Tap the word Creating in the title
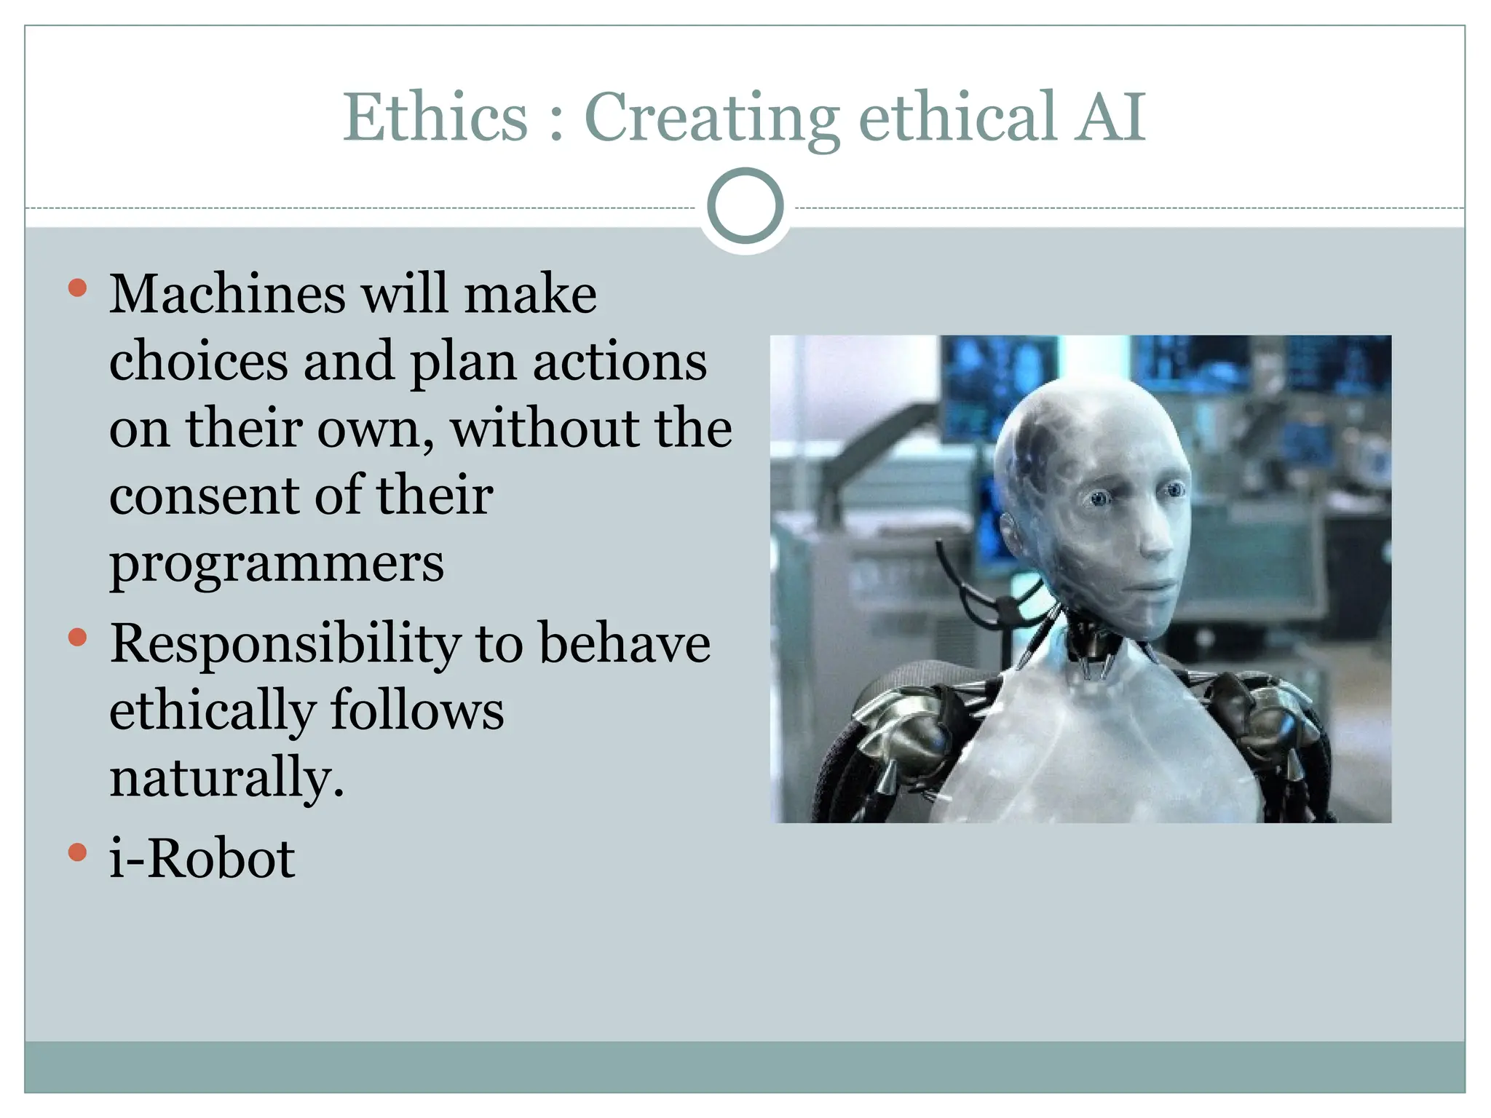711,118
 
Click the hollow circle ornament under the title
745,206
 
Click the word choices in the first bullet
198,361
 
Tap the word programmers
276,563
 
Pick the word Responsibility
285,645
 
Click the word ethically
212,711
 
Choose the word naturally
226,778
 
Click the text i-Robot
202,859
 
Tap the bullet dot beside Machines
77,288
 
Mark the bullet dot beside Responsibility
77,638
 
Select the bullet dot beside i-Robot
77,852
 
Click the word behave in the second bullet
624,643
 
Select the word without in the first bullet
545,428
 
